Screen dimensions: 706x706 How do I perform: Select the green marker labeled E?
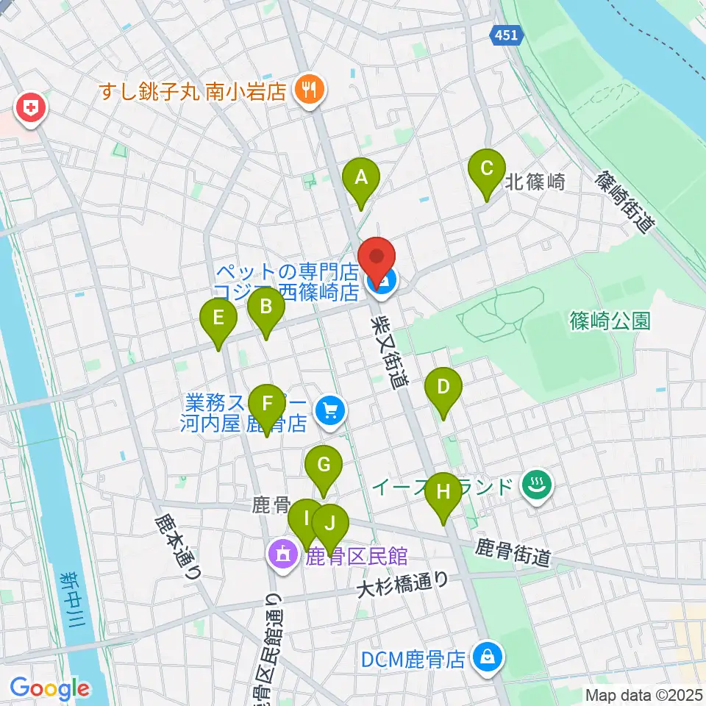pyautogui.click(x=219, y=319)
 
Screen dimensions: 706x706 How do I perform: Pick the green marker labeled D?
pyautogui.click(x=443, y=387)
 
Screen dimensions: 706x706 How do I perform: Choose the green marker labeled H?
pyautogui.click(x=443, y=492)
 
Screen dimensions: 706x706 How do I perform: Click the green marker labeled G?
pyautogui.click(x=324, y=466)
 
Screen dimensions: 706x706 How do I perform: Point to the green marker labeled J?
pyautogui.click(x=331, y=524)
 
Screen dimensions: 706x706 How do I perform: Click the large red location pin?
pyautogui.click(x=377, y=258)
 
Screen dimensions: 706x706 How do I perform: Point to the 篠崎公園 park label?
pyautogui.click(x=610, y=321)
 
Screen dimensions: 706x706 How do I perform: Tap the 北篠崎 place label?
pyautogui.click(x=535, y=182)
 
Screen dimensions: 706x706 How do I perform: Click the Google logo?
pyautogui.click(x=49, y=689)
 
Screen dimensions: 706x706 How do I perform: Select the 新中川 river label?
pyautogui.click(x=73, y=599)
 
